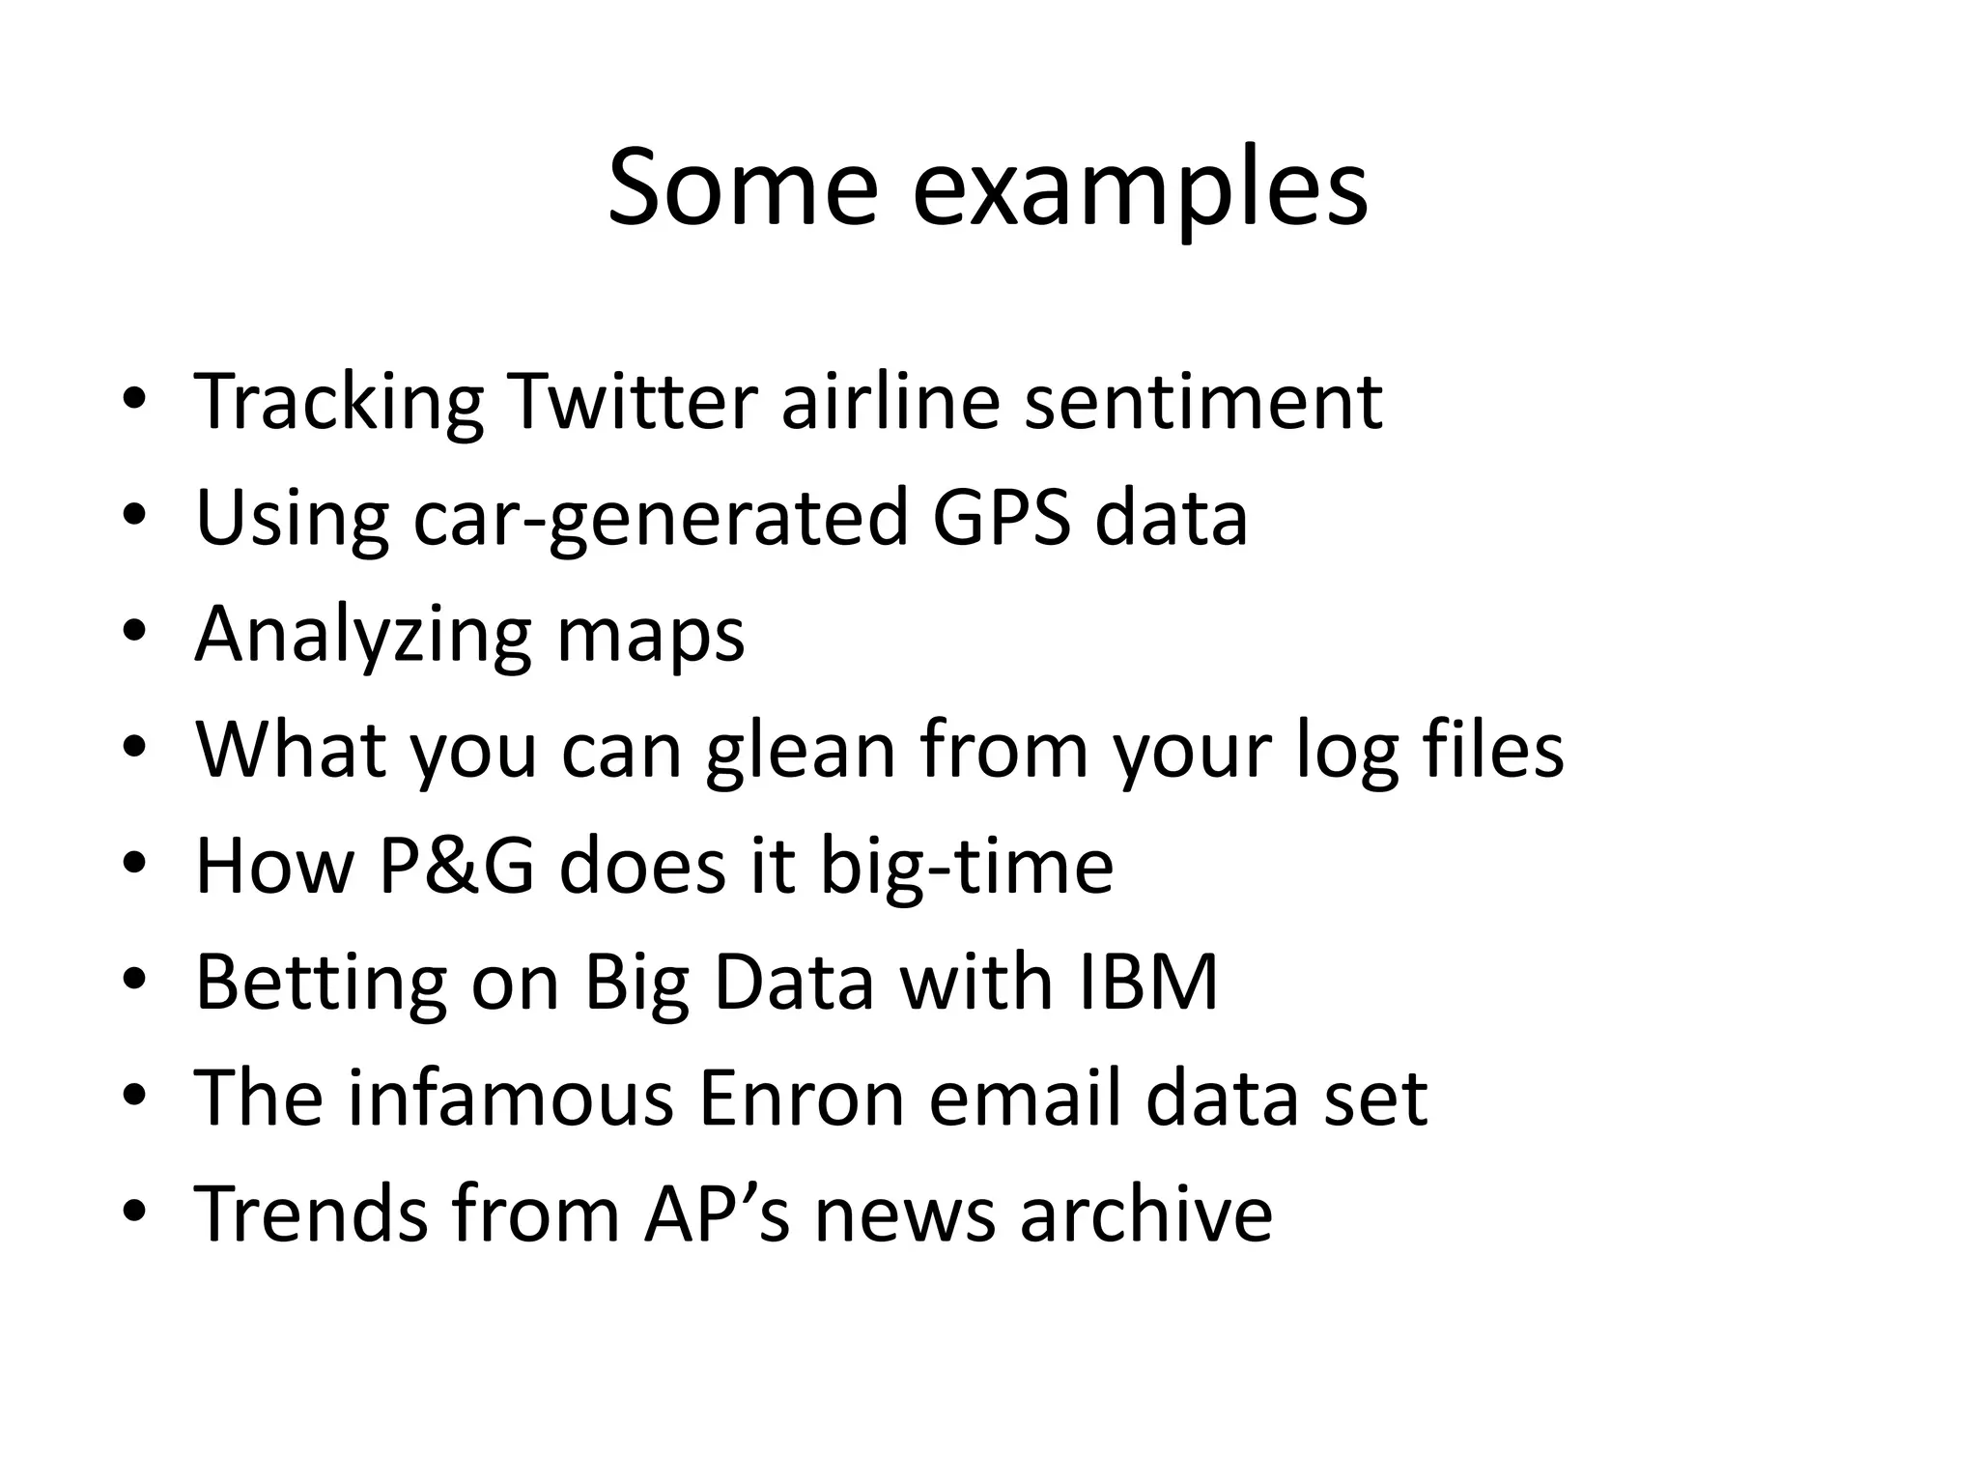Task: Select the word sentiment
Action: coord(1202,401)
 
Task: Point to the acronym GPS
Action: coord(1002,518)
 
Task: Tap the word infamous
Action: coord(510,1099)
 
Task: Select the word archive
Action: coord(1145,1214)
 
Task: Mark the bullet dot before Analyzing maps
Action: coord(134,632)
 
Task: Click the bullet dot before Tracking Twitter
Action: coord(134,398)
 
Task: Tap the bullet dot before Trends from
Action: coord(134,1212)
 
